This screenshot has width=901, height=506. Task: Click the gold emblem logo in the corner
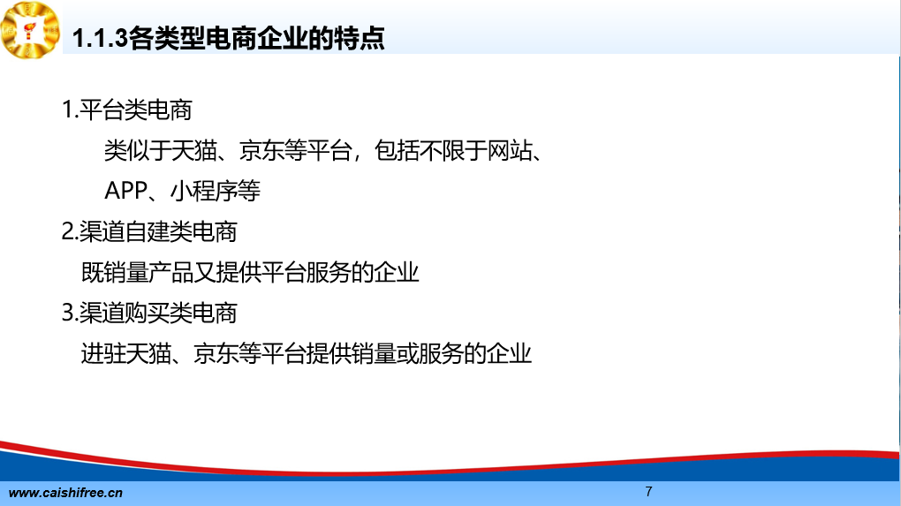point(30,30)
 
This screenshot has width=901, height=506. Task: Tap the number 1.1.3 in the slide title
point(100,39)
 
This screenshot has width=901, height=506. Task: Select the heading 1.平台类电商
point(126,110)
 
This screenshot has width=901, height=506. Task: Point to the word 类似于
point(137,150)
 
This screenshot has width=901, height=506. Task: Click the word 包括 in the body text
point(397,150)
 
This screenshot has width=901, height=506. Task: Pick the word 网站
point(510,150)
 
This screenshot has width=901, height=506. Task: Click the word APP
point(125,191)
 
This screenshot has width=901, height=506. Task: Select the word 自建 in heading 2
point(147,231)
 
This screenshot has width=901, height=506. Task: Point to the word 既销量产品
point(137,272)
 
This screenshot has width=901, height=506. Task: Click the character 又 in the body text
point(204,272)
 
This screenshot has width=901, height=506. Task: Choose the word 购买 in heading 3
point(147,313)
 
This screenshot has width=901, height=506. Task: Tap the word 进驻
point(103,353)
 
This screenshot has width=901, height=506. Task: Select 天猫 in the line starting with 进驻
point(148,353)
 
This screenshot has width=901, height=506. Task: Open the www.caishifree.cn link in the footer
point(65,493)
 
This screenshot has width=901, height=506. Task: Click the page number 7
point(648,492)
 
